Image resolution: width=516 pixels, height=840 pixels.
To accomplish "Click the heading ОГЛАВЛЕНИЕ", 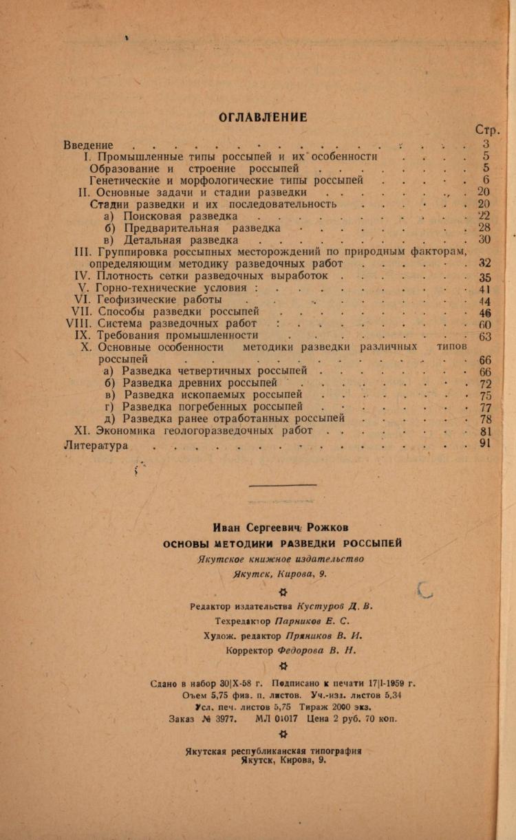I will pyautogui.click(x=263, y=117).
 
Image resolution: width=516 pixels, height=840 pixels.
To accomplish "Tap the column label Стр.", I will pyautogui.click(x=487, y=131).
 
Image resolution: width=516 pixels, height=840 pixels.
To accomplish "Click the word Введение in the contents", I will pyautogui.click(x=88, y=145).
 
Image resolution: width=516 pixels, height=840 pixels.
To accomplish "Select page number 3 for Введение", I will pyautogui.click(x=486, y=144).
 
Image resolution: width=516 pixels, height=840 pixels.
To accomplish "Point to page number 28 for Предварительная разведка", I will pyautogui.click(x=484, y=228).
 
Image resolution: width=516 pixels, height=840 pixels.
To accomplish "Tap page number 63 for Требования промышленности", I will pyautogui.click(x=486, y=336).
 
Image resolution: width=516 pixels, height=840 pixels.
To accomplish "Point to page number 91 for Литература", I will pyautogui.click(x=484, y=444).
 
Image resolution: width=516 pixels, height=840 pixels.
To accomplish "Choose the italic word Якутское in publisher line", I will pyautogui.click(x=222, y=559).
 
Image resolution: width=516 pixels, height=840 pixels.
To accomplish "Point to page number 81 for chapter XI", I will pyautogui.click(x=484, y=431).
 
